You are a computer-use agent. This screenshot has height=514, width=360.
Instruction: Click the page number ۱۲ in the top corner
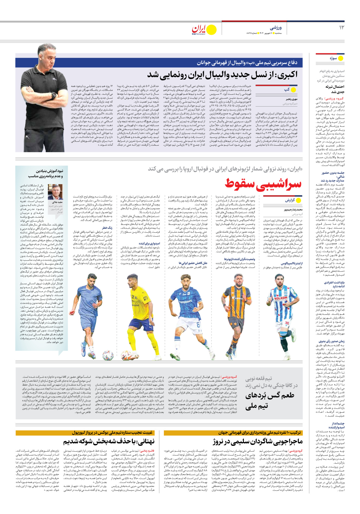[341, 27]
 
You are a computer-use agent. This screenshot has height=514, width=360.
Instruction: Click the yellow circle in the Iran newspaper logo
[212, 30]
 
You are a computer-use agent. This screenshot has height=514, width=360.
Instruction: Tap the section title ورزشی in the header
[276, 28]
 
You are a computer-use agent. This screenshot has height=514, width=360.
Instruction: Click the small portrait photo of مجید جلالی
[55, 192]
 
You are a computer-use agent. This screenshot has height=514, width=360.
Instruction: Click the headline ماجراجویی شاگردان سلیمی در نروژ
[258, 441]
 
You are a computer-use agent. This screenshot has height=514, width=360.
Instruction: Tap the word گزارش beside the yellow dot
[290, 200]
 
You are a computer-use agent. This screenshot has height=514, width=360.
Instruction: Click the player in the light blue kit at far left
[89, 314]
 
